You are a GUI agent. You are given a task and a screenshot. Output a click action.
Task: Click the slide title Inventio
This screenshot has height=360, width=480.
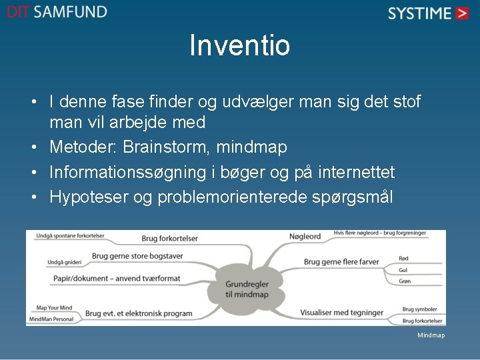[x=239, y=46]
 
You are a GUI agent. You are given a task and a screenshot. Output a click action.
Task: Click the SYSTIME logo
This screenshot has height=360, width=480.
[x=429, y=13]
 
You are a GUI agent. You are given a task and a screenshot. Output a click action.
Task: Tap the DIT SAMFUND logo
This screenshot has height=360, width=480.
[x=57, y=12]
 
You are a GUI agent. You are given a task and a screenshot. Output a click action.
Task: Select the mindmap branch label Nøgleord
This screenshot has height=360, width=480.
[x=305, y=236]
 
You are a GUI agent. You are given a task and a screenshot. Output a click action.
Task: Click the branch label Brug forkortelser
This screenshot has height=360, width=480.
[x=169, y=238]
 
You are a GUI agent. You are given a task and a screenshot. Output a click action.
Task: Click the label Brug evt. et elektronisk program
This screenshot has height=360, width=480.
[x=139, y=313]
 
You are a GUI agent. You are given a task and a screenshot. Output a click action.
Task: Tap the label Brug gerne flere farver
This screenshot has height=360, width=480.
[x=341, y=261]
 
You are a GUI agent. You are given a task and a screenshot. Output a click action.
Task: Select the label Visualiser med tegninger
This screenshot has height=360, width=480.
[x=341, y=312]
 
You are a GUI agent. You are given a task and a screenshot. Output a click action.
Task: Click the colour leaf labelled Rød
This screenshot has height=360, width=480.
[x=403, y=258]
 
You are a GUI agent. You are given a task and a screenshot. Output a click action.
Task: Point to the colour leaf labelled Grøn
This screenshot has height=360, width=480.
[x=405, y=281]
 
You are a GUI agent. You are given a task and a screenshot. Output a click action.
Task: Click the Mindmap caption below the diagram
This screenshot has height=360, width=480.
[x=431, y=335]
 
